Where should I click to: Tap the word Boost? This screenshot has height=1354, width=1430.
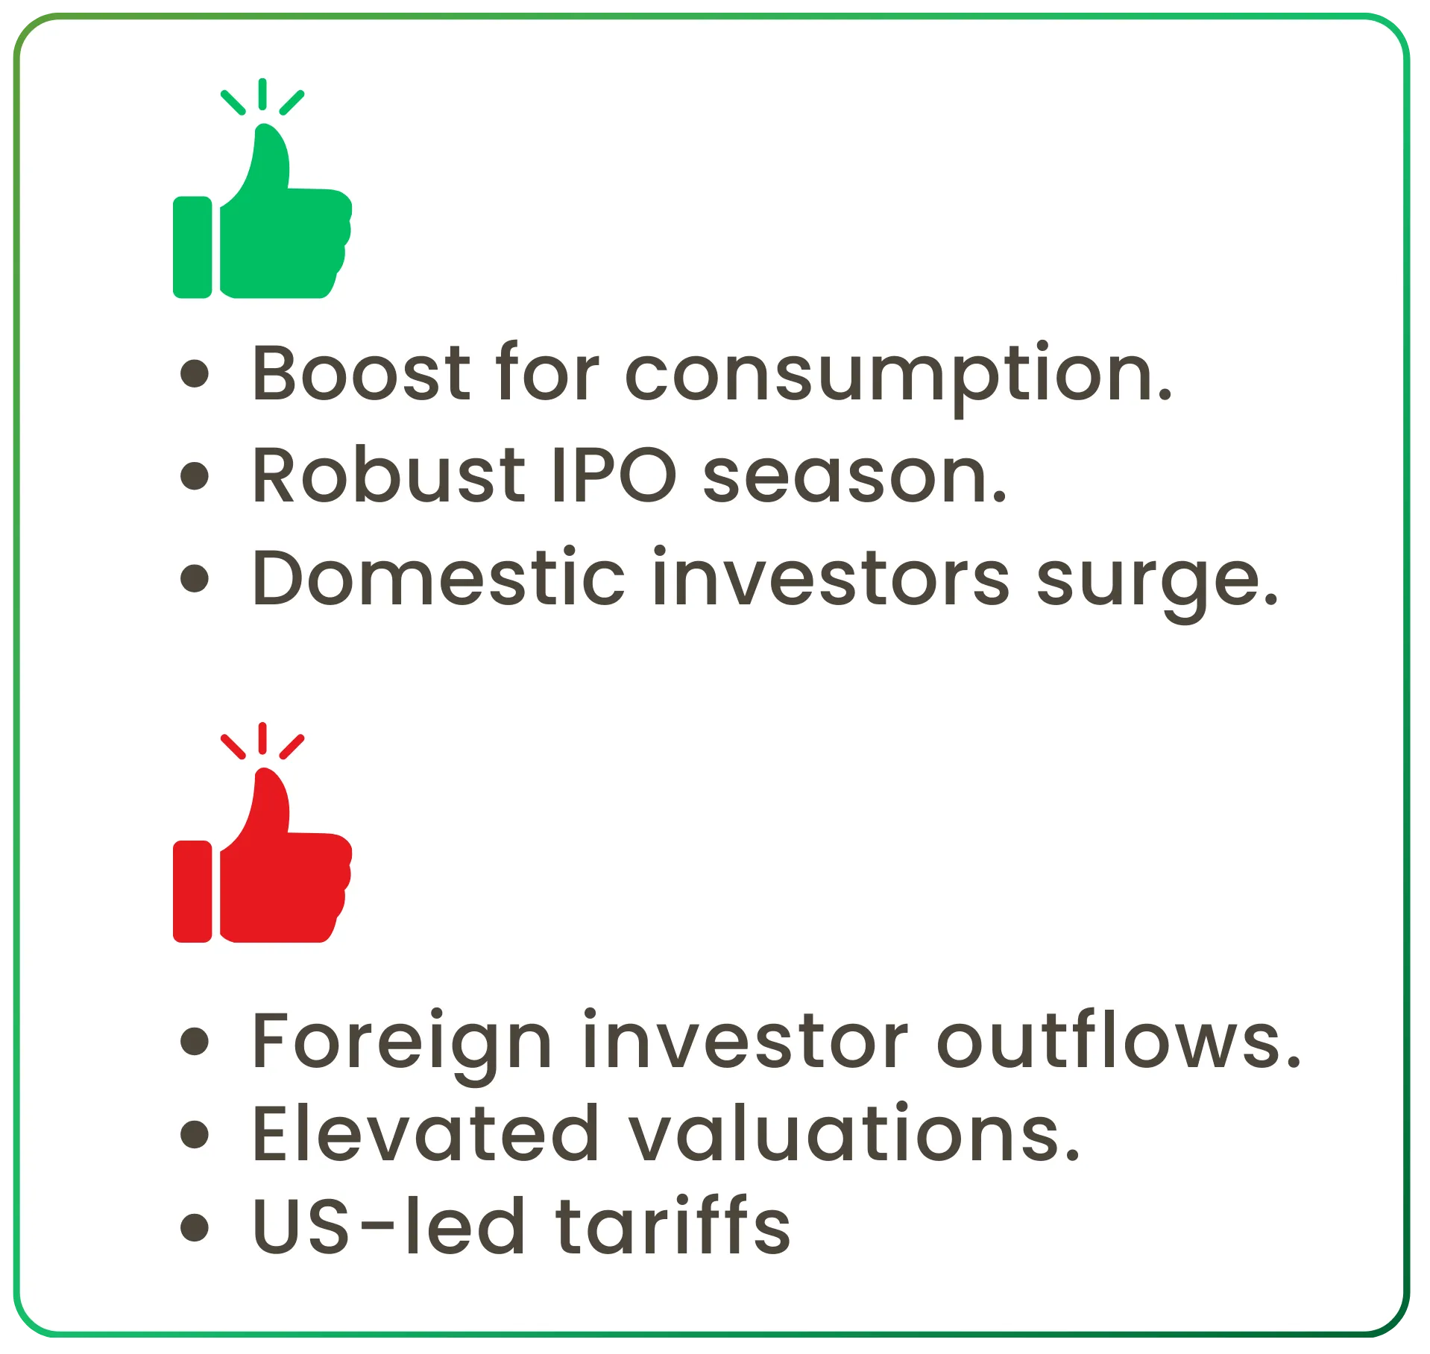pos(361,373)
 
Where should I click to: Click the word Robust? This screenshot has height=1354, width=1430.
pos(388,475)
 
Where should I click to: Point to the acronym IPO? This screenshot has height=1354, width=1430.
pos(614,475)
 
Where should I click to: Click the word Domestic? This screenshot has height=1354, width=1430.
pos(438,578)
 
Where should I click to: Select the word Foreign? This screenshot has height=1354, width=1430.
pos(403,1042)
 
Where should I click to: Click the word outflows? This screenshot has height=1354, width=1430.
pos(1118,1040)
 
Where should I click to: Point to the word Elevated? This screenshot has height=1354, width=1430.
pos(426,1133)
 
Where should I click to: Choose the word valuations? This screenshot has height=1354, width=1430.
pos(854,1133)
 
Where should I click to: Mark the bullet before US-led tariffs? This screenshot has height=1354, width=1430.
pos(195,1227)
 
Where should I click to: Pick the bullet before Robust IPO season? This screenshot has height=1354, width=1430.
pos(195,475)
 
